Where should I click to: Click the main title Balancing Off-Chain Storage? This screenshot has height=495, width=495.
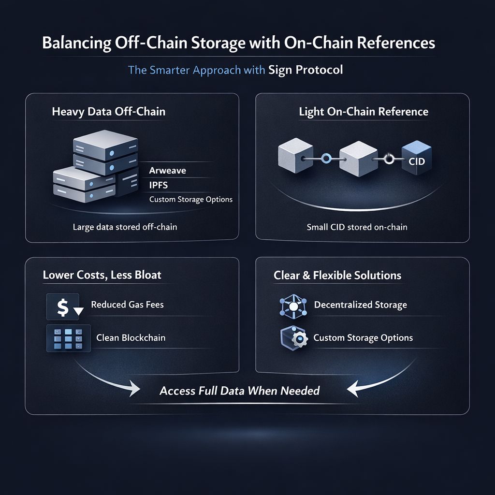pyautogui.click(x=238, y=43)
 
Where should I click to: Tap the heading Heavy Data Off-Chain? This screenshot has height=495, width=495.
pyautogui.click(x=108, y=112)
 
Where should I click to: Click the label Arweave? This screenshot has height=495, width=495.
pyautogui.click(x=167, y=171)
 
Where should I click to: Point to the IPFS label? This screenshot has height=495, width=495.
pyautogui.click(x=159, y=185)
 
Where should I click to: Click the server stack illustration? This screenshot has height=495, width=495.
pyautogui.click(x=97, y=169)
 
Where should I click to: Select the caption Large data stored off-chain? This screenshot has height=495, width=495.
pyautogui.click(x=125, y=226)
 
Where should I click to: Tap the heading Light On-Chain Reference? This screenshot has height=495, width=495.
pyautogui.click(x=364, y=112)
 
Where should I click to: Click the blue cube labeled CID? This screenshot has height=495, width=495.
pyautogui.click(x=416, y=160)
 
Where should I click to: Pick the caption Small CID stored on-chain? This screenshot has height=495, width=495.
pyautogui.click(x=357, y=226)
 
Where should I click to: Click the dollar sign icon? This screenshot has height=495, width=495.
pyautogui.click(x=63, y=307)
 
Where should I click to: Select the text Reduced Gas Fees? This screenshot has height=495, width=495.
pyautogui.click(x=127, y=305)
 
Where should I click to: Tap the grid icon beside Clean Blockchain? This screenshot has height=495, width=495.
pyautogui.click(x=68, y=338)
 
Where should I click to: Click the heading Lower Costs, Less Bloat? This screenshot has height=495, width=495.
pyautogui.click(x=102, y=276)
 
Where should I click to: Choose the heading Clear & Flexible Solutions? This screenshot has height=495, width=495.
pyautogui.click(x=337, y=276)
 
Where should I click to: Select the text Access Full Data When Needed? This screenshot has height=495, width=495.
pyautogui.click(x=240, y=391)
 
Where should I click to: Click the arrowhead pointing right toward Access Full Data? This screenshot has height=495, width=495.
pyautogui.click(x=134, y=388)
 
